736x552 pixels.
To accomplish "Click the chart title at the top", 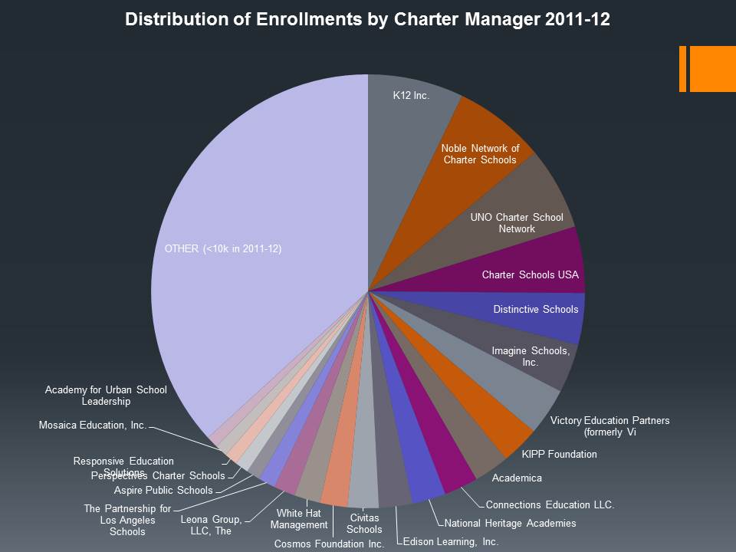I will coord(367,20).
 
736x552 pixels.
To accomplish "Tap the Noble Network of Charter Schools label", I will coord(480,154).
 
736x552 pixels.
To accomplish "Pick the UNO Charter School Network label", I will coord(517,223).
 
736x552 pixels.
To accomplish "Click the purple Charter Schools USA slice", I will coord(530,274).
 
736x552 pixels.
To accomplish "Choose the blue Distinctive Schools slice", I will coord(536,309).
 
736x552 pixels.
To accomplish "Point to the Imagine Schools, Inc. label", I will coord(531,356).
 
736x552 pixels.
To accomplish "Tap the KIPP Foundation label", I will coord(554,454).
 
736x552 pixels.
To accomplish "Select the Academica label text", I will coord(517,478).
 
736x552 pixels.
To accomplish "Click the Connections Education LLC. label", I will coord(550,505).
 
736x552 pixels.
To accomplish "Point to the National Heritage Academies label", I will coord(510,524).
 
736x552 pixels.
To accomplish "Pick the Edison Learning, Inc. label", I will coord(452,541).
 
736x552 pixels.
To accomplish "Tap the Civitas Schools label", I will coord(364,524).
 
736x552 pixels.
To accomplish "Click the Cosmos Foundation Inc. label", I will coord(329,544).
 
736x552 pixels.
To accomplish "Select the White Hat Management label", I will coord(299,519).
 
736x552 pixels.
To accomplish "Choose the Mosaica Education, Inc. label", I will coord(92,425).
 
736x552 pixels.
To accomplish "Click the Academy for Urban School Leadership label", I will coord(106,396).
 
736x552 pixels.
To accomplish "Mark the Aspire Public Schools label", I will coord(163,490).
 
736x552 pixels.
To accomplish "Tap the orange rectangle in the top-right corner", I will coord(712,68).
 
